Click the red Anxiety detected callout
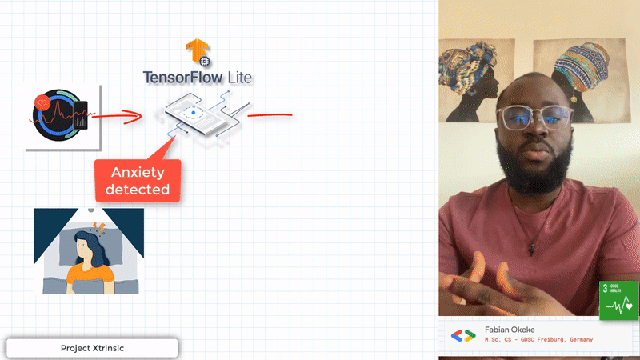[x=138, y=180]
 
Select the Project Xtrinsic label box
[x=92, y=349]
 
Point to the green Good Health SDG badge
[x=619, y=300]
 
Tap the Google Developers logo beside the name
[x=463, y=335]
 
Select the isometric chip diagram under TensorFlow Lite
[x=204, y=118]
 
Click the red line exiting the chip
[x=270, y=114]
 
